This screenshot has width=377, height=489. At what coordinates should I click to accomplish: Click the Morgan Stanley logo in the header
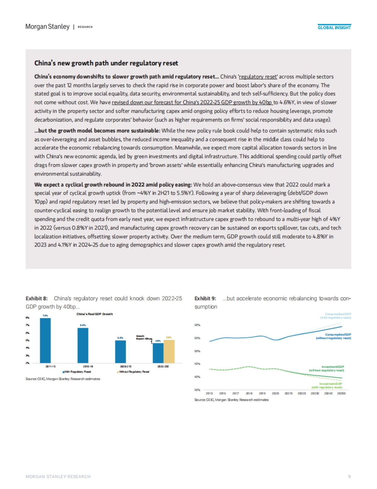coord(47,27)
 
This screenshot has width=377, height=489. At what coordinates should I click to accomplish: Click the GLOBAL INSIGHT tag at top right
coord(334,28)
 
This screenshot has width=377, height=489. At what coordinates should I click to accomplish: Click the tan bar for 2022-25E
coord(169,351)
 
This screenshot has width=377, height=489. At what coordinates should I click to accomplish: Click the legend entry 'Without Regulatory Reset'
coord(134,372)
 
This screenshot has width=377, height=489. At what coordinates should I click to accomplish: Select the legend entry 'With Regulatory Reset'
coord(77,372)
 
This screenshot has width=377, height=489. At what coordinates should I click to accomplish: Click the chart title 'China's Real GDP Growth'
coord(95,314)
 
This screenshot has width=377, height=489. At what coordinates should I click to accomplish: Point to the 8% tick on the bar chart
coord(28,318)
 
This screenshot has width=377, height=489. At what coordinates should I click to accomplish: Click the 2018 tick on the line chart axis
coord(249,393)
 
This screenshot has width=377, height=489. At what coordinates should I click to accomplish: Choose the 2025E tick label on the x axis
coord(341,393)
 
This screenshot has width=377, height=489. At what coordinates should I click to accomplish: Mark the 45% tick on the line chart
coord(197,364)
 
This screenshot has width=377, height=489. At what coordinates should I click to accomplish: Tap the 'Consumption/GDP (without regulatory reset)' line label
coord(333,336)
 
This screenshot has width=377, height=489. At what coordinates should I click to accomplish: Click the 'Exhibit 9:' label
coord(205,298)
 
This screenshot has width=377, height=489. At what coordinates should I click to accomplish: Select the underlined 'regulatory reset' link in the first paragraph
coord(258,77)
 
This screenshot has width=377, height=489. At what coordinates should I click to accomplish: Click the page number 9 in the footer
coord(349,476)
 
